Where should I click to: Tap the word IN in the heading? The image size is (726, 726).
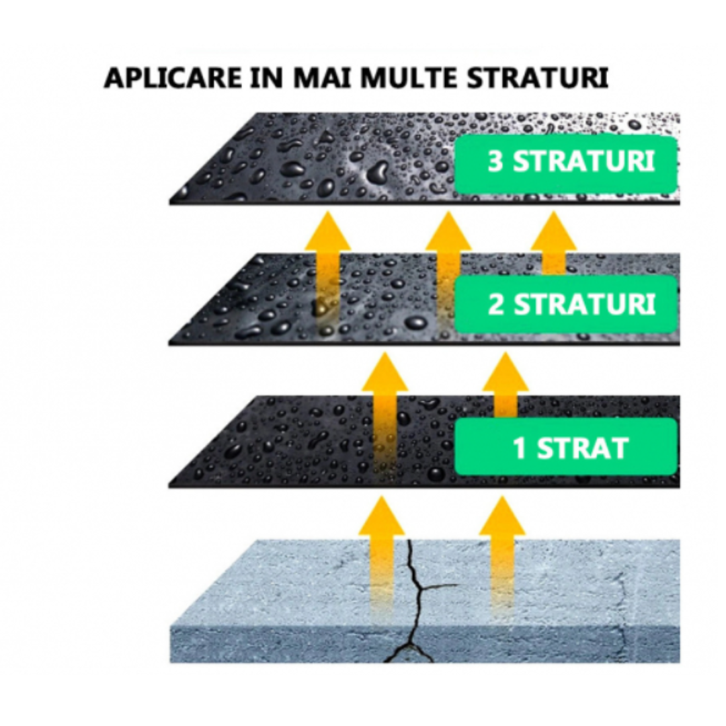click(266, 78)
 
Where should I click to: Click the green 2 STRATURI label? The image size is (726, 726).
click(566, 304)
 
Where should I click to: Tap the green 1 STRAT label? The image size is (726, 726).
click(566, 447)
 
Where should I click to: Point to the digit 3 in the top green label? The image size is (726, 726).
click(495, 162)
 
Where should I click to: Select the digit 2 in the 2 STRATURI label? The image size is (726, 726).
click(496, 305)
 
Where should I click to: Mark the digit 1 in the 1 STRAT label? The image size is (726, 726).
click(520, 447)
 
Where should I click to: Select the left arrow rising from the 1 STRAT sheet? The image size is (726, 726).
click(385, 412)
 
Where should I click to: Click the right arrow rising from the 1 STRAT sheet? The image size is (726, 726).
click(505, 385)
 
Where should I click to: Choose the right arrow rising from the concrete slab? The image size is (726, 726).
click(503, 556)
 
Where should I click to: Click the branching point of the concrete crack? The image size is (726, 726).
click(420, 588)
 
